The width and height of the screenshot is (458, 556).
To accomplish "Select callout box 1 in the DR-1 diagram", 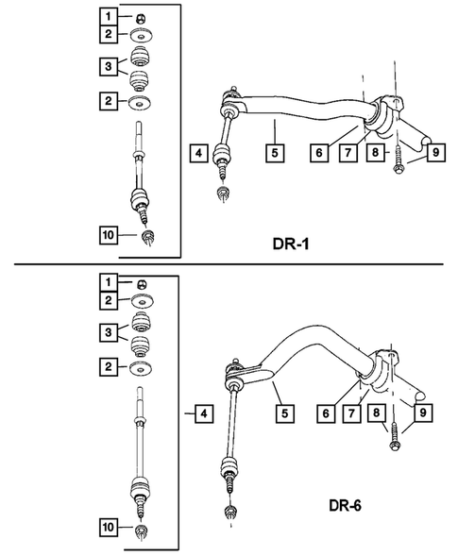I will [111, 16].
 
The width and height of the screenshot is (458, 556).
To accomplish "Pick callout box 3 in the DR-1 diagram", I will [111, 68].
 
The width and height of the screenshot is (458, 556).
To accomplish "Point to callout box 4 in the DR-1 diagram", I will [197, 152].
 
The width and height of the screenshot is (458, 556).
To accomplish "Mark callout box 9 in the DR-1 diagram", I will [436, 152].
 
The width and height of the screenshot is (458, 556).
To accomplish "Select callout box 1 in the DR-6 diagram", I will [111, 281].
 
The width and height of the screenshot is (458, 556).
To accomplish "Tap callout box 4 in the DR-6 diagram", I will [197, 412].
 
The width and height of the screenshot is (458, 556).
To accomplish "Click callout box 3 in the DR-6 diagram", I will [111, 332].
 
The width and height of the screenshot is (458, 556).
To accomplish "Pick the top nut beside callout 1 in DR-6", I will [139, 281].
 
